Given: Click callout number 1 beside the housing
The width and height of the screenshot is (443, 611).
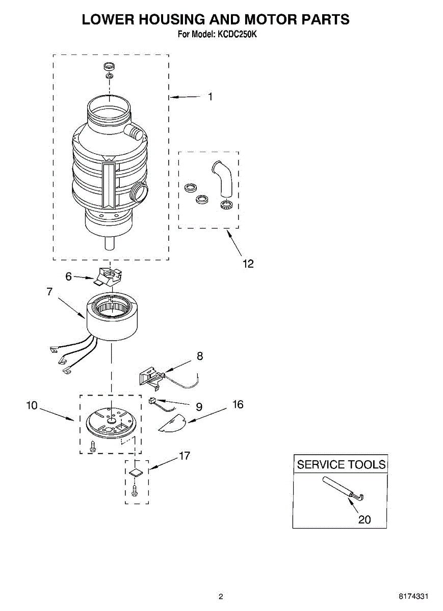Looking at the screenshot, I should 210,97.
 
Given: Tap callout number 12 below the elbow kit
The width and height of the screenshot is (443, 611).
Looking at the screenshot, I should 248,263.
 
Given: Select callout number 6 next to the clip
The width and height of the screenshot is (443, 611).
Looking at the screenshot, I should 69,276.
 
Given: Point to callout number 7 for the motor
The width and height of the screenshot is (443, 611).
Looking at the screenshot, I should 49,292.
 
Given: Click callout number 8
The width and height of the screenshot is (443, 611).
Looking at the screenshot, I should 199,356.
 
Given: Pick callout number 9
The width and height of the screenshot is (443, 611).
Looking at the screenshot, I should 199,406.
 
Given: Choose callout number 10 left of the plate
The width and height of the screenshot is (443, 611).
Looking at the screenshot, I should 32,405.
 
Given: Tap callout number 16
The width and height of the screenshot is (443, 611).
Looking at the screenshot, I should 238,404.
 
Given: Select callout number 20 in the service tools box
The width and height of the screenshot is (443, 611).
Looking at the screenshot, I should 364,519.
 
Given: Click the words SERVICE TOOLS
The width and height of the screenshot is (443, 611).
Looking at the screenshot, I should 341,464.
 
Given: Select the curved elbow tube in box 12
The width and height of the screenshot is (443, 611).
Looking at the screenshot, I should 223,180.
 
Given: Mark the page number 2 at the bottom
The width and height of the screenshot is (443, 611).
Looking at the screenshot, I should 221,596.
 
